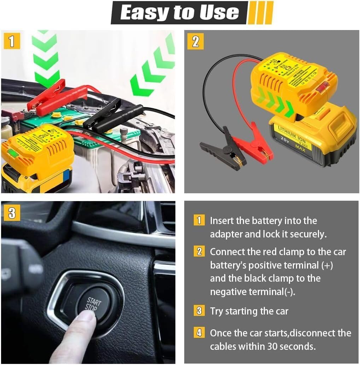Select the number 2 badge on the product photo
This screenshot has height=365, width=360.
[x=195, y=41]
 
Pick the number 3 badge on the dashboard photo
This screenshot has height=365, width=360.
[x=12, y=213]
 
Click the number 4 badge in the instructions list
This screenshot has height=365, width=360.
[x=199, y=333]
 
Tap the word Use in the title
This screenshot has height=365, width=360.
[x=219, y=13]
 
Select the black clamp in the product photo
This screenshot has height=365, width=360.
[x=221, y=148]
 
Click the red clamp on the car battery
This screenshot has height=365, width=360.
[x=50, y=95]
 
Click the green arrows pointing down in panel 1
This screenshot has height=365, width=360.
[x=45, y=57]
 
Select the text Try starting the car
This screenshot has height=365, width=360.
[x=249, y=311]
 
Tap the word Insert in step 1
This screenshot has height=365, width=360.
[x=222, y=221]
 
